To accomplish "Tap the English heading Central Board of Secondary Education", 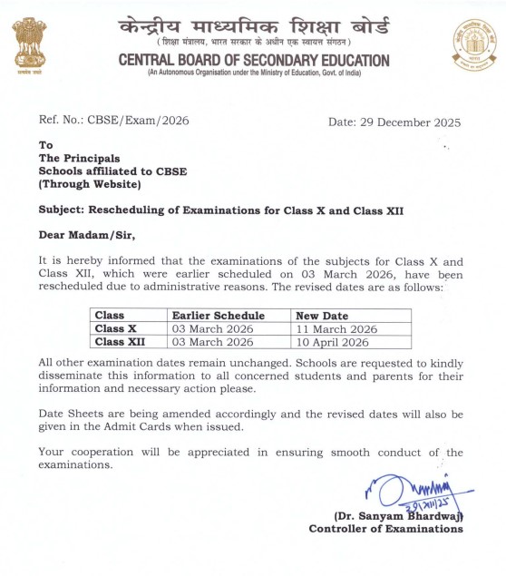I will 254,61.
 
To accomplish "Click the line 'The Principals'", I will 79,158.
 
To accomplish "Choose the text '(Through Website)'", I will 89,184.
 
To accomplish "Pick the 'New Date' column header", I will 323,315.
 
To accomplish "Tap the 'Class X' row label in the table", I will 115,328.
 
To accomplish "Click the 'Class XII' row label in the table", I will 120,342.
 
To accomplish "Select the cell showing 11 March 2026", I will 337,328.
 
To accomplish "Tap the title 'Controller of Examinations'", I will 385,528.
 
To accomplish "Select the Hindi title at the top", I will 254,25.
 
